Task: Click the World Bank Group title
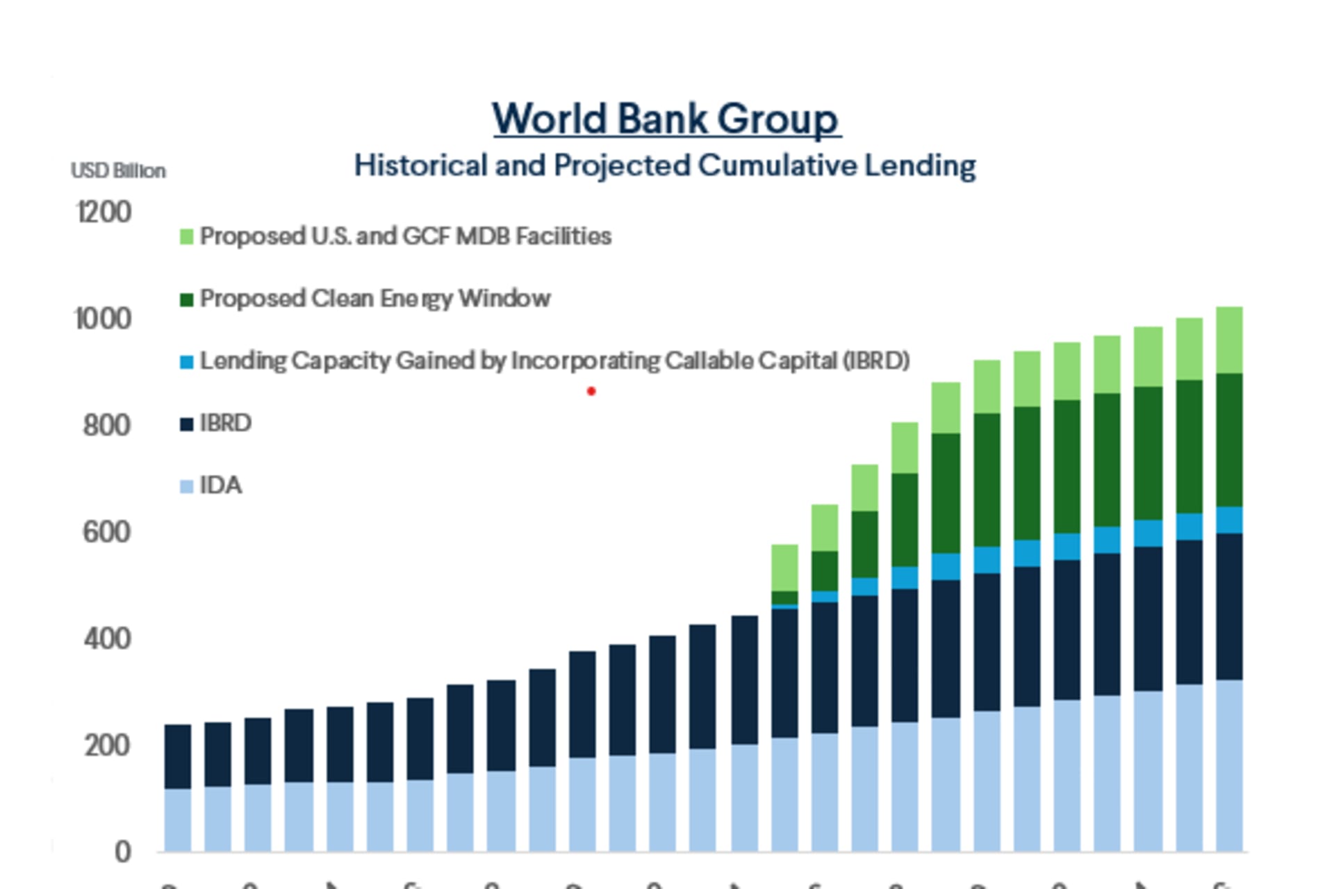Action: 666,119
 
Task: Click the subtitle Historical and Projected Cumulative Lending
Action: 665,165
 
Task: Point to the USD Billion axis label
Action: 118,171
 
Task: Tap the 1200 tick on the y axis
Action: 104,212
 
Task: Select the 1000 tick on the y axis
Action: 103,319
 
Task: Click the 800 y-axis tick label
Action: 106,425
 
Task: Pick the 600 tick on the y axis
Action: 106,532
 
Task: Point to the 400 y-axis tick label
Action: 106,639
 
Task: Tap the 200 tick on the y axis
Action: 106,746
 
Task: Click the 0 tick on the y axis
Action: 122,851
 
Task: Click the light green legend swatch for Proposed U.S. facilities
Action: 186,237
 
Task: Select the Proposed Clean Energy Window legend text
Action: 375,299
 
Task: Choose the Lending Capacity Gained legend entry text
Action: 554,361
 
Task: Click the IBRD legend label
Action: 225,423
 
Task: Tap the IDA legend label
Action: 221,485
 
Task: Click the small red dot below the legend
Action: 591,392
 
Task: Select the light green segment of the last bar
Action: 1229,340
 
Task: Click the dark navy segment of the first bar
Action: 178,756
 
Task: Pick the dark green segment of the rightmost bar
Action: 1229,440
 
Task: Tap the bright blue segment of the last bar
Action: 1229,520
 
